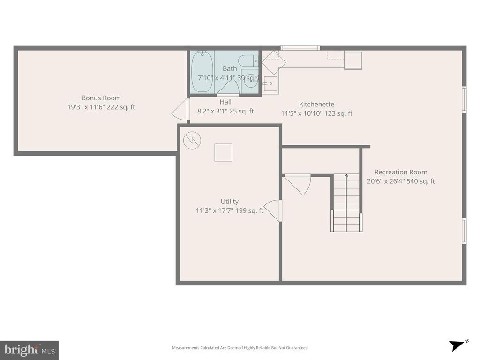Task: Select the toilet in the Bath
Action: tap(247, 60)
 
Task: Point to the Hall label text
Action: tap(225, 102)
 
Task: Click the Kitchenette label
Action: tap(316, 105)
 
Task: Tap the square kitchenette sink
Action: tap(270, 84)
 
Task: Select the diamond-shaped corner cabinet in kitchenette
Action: tap(273, 62)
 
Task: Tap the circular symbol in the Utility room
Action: tap(192, 140)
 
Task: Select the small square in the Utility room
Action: tap(223, 152)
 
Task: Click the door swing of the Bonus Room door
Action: tap(181, 111)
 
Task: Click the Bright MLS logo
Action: tap(29, 350)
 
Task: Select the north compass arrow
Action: tap(457, 345)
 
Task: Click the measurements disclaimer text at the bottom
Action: tap(240, 348)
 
